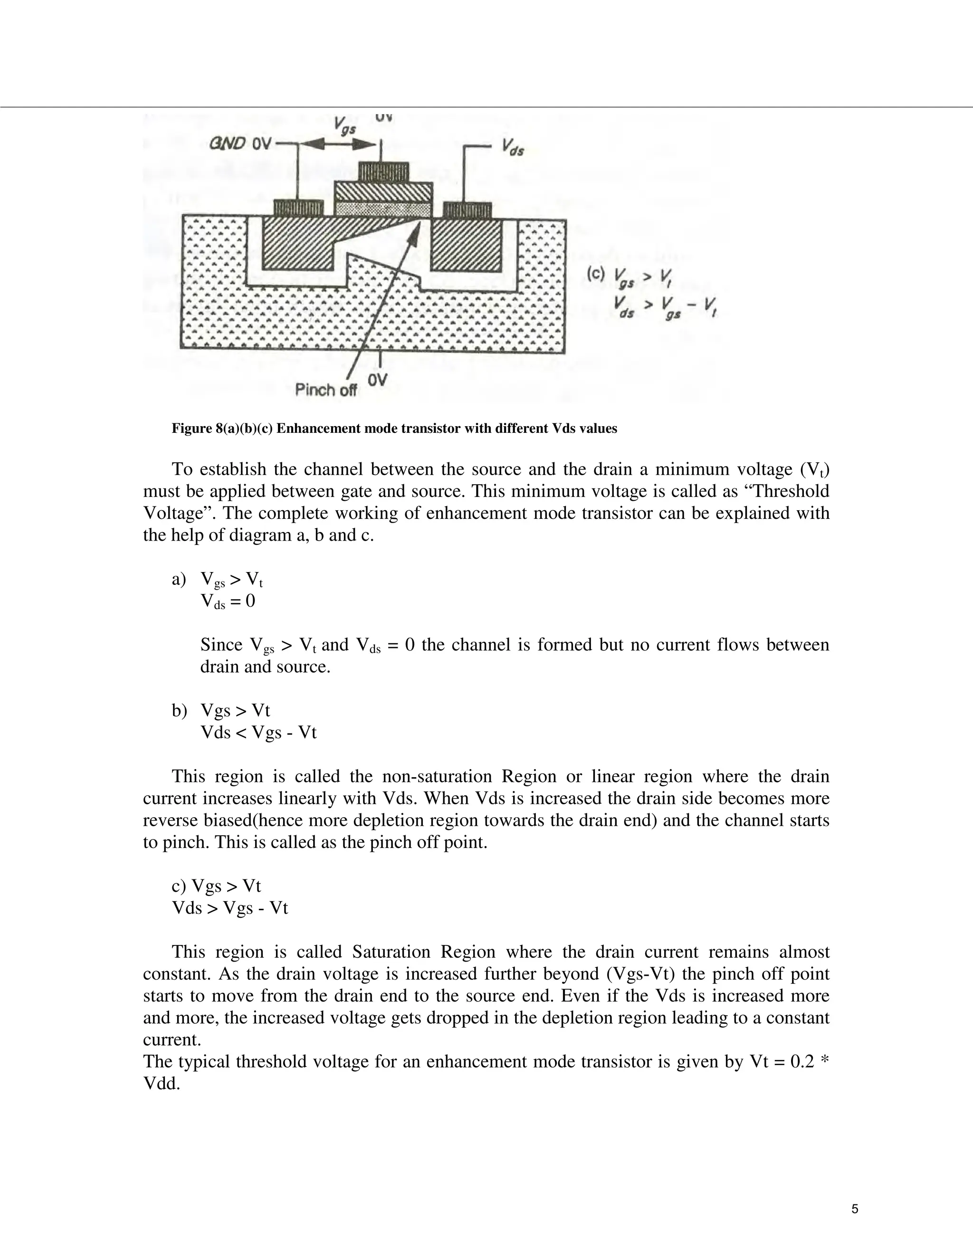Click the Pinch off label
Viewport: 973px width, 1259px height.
325,390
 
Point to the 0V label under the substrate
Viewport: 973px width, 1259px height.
378,381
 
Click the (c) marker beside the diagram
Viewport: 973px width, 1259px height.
595,274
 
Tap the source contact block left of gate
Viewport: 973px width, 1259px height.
297,208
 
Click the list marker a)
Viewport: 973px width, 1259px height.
179,579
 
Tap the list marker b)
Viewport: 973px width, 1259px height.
179,711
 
